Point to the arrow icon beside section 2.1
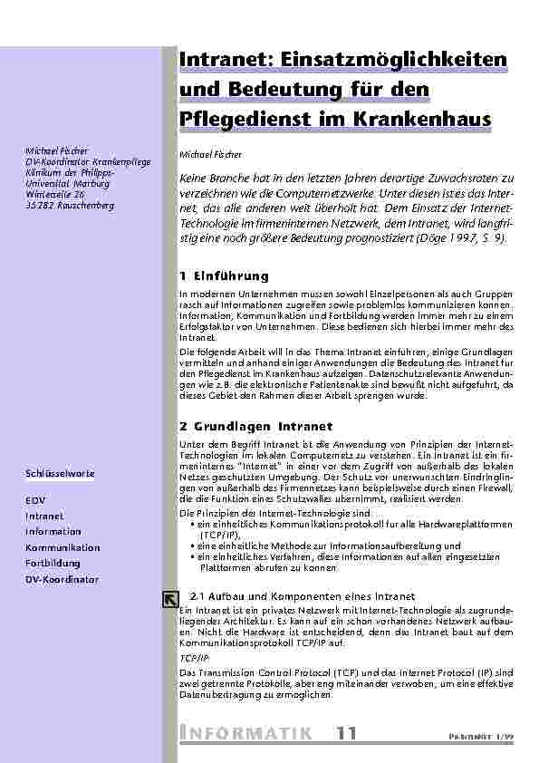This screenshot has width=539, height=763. [x=169, y=597]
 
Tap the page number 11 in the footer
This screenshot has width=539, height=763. [x=346, y=733]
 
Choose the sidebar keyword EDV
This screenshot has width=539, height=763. [x=34, y=500]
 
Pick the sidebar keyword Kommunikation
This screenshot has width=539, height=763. [x=63, y=548]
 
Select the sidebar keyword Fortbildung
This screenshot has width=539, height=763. [x=53, y=564]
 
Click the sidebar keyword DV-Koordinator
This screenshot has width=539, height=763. [x=62, y=579]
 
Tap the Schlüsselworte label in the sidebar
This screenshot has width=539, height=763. [x=60, y=473]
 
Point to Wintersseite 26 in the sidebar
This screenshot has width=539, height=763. [x=56, y=194]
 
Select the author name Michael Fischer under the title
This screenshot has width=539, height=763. [x=207, y=155]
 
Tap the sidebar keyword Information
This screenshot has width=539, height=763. [x=53, y=532]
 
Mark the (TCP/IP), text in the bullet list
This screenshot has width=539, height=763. [x=220, y=536]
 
